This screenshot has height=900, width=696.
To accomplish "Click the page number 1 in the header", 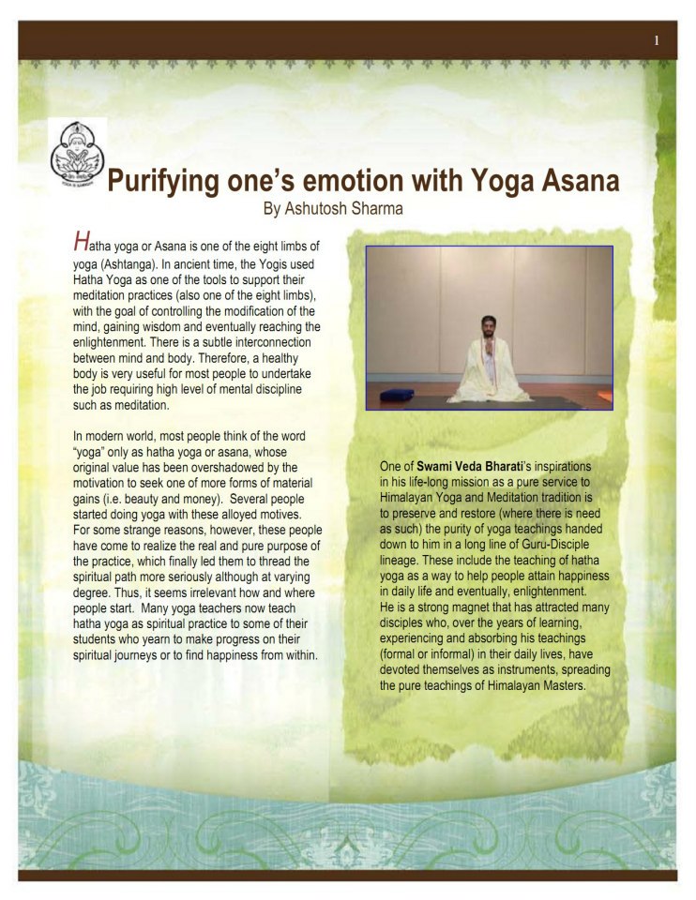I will pos(657,39).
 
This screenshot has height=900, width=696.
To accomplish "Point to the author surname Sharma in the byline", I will pos(372,208).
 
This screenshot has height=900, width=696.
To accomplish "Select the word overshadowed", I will pos(218,467).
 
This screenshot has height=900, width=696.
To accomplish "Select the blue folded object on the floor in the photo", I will pos(397,394).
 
